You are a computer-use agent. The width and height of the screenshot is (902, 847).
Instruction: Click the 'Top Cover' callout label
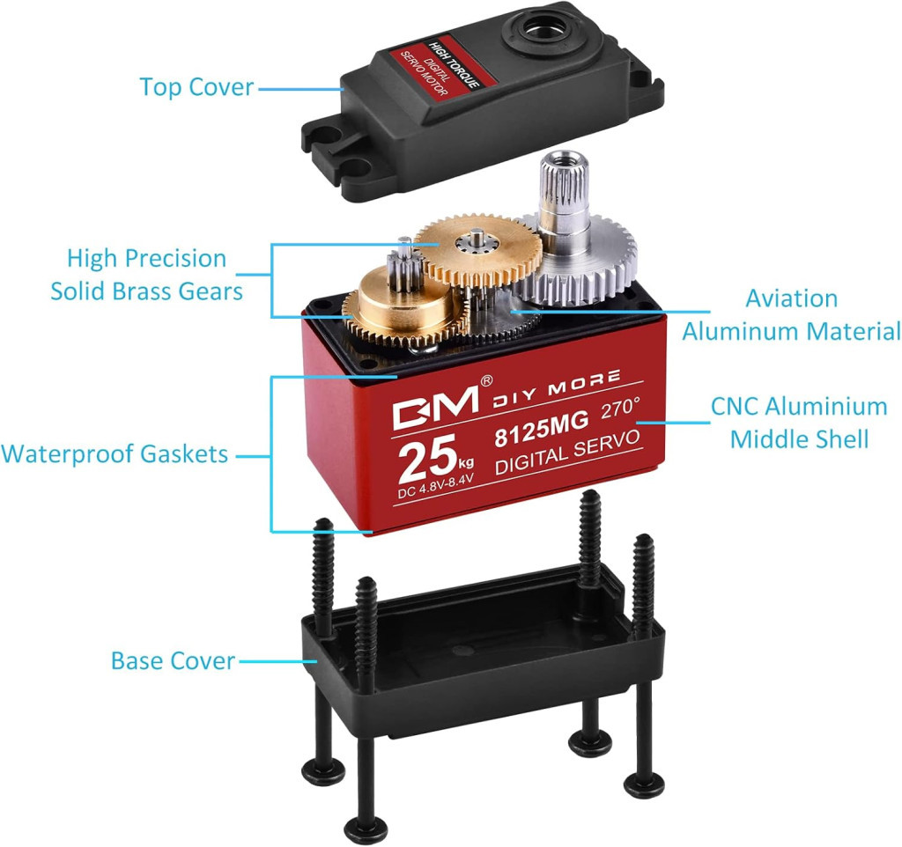196,87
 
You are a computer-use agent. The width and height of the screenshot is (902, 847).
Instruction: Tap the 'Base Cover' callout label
174,660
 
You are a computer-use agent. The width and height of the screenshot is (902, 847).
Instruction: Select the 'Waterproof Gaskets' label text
115,453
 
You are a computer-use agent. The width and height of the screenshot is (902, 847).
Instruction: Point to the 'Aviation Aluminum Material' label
792,315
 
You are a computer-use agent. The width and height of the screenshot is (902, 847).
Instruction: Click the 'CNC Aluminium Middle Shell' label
799,423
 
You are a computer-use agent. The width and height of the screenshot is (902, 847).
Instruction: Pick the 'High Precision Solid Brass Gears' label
147,275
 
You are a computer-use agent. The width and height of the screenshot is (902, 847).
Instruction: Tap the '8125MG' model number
542,428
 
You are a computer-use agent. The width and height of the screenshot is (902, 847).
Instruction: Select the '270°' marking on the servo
620,409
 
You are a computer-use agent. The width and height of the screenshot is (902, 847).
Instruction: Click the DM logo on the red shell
435,407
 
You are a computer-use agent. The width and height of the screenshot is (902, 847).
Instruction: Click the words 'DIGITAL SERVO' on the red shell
567,453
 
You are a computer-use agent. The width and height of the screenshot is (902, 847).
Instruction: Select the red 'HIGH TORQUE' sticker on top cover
440,70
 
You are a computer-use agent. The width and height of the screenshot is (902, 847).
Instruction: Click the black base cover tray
484,650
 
